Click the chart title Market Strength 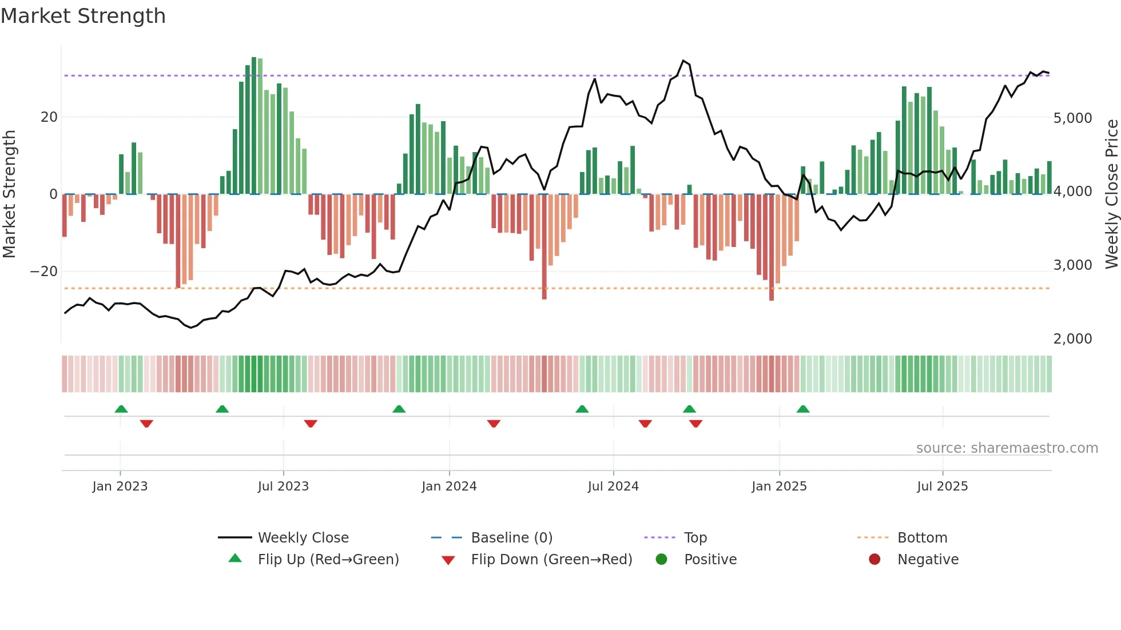point(83,16)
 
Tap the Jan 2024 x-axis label point(449,487)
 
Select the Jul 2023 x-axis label point(283,487)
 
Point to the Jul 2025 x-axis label point(942,487)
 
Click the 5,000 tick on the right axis point(1072,118)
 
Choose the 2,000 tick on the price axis point(1072,339)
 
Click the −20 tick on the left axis point(44,272)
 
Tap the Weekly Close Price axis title point(1111,194)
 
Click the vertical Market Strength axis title point(10,194)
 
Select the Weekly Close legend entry point(303,538)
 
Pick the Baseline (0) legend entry point(511,538)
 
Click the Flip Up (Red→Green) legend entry point(328,560)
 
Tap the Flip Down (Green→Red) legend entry point(551,560)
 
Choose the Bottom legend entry point(922,538)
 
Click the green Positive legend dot point(662,560)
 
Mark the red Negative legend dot point(874,560)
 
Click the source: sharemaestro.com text point(1007,448)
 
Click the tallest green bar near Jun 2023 point(254,126)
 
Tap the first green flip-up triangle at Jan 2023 point(121,409)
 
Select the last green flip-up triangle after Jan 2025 point(803,409)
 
